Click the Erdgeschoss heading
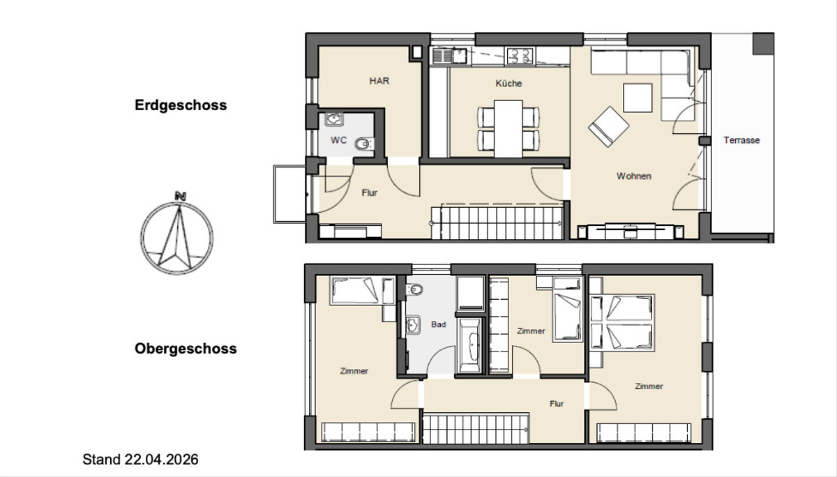point(181,106)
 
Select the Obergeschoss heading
point(186,349)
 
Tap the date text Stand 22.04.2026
point(140,460)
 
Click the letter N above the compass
point(181,196)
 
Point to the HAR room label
point(379,81)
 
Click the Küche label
point(508,83)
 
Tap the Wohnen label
point(634,176)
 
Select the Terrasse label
point(741,140)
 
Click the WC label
point(338,140)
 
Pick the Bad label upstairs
point(439,324)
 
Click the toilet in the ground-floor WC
point(364,144)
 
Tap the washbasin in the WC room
point(334,119)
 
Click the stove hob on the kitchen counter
point(520,56)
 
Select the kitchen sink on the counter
point(449,56)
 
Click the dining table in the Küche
point(508,128)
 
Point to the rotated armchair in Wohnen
point(609,127)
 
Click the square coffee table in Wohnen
point(638,98)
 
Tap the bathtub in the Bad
point(469,345)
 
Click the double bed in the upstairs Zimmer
point(622,323)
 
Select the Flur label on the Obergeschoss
point(557,404)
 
